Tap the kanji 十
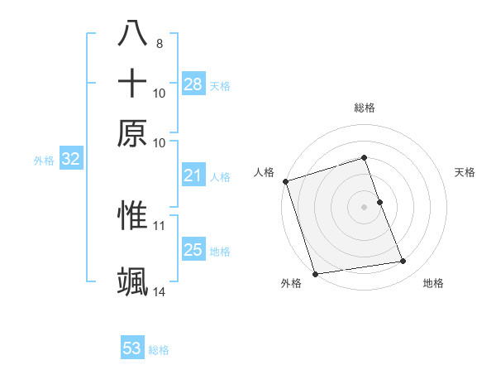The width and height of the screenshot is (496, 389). [x=132, y=84]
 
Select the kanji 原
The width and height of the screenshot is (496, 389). [x=132, y=133]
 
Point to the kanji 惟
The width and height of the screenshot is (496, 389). [x=132, y=214]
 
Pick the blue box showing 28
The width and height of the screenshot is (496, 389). [x=193, y=84]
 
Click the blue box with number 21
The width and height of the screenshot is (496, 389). [x=193, y=175]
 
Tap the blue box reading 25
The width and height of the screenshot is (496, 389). [x=193, y=250]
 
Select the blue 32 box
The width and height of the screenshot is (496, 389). [x=70, y=160]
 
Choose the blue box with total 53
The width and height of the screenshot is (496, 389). [x=132, y=348]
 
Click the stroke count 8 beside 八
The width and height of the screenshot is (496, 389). [x=159, y=43]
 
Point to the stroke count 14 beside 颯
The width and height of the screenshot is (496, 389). [x=160, y=291]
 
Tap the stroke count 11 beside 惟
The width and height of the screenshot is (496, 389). [x=160, y=224]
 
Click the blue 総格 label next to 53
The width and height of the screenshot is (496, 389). [x=159, y=350]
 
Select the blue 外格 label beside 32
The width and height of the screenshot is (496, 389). [x=44, y=161]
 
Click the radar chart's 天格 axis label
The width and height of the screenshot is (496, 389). [x=465, y=172]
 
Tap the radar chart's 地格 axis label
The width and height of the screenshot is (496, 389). [x=433, y=284]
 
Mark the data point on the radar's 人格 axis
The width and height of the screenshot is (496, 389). [x=285, y=181]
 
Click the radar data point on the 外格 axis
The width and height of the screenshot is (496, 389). [x=315, y=274]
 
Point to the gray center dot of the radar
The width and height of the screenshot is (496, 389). [x=364, y=207]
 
